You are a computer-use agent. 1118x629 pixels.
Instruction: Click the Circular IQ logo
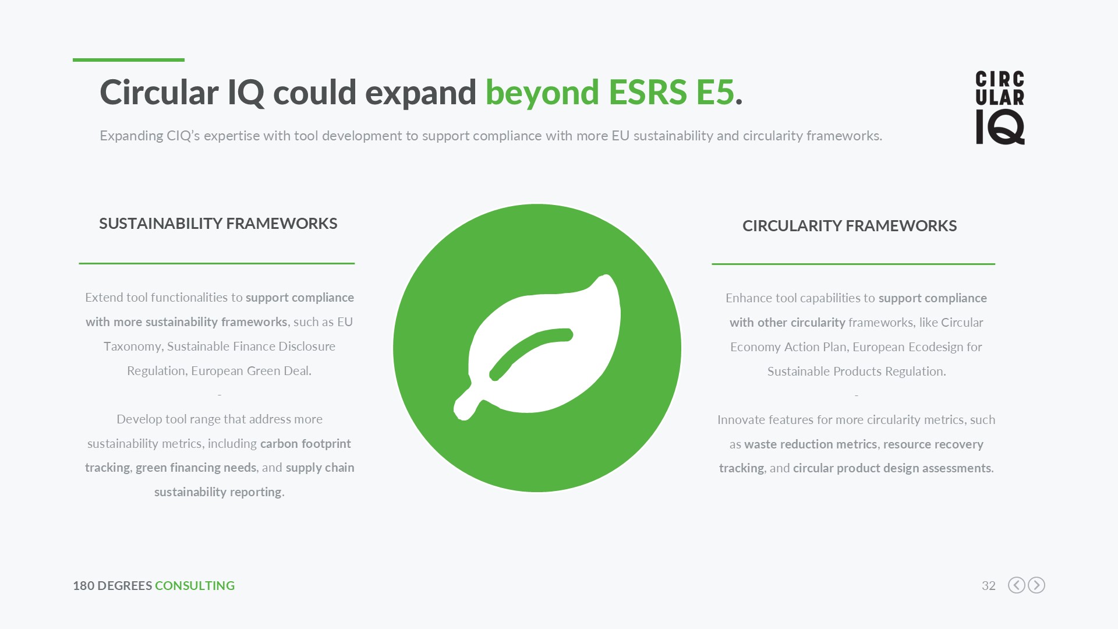pyautogui.click(x=1000, y=108)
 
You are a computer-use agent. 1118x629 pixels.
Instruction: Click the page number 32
pyautogui.click(x=989, y=585)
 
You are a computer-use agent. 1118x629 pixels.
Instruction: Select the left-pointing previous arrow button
pyautogui.click(x=1017, y=585)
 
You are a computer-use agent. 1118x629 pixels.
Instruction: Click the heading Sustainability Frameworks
pyautogui.click(x=218, y=224)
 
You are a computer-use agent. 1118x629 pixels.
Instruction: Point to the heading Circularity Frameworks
pyautogui.click(x=850, y=226)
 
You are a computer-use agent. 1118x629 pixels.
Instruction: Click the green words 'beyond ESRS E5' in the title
pyautogui.click(x=610, y=93)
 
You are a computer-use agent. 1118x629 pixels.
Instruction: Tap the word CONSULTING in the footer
pyautogui.click(x=194, y=585)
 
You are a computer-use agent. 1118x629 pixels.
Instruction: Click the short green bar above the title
pyautogui.click(x=129, y=59)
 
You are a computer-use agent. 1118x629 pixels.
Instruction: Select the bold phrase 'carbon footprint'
pyautogui.click(x=306, y=444)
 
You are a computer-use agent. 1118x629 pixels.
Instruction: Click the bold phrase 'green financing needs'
pyautogui.click(x=196, y=468)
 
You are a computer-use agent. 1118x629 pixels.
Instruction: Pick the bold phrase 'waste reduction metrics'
pyautogui.click(x=811, y=444)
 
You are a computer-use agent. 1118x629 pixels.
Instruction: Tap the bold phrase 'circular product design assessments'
pyautogui.click(x=892, y=468)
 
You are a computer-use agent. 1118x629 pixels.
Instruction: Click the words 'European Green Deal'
pyautogui.click(x=250, y=371)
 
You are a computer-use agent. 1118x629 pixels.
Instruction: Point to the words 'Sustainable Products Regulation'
pyautogui.click(x=855, y=372)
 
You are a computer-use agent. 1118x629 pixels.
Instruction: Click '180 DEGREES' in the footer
pyautogui.click(x=112, y=585)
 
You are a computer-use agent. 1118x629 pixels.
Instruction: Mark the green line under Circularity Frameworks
pyautogui.click(x=853, y=264)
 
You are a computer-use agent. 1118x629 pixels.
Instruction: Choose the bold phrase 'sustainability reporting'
pyautogui.click(x=218, y=492)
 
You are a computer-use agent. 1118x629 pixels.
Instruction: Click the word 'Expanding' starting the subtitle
pyautogui.click(x=132, y=136)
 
